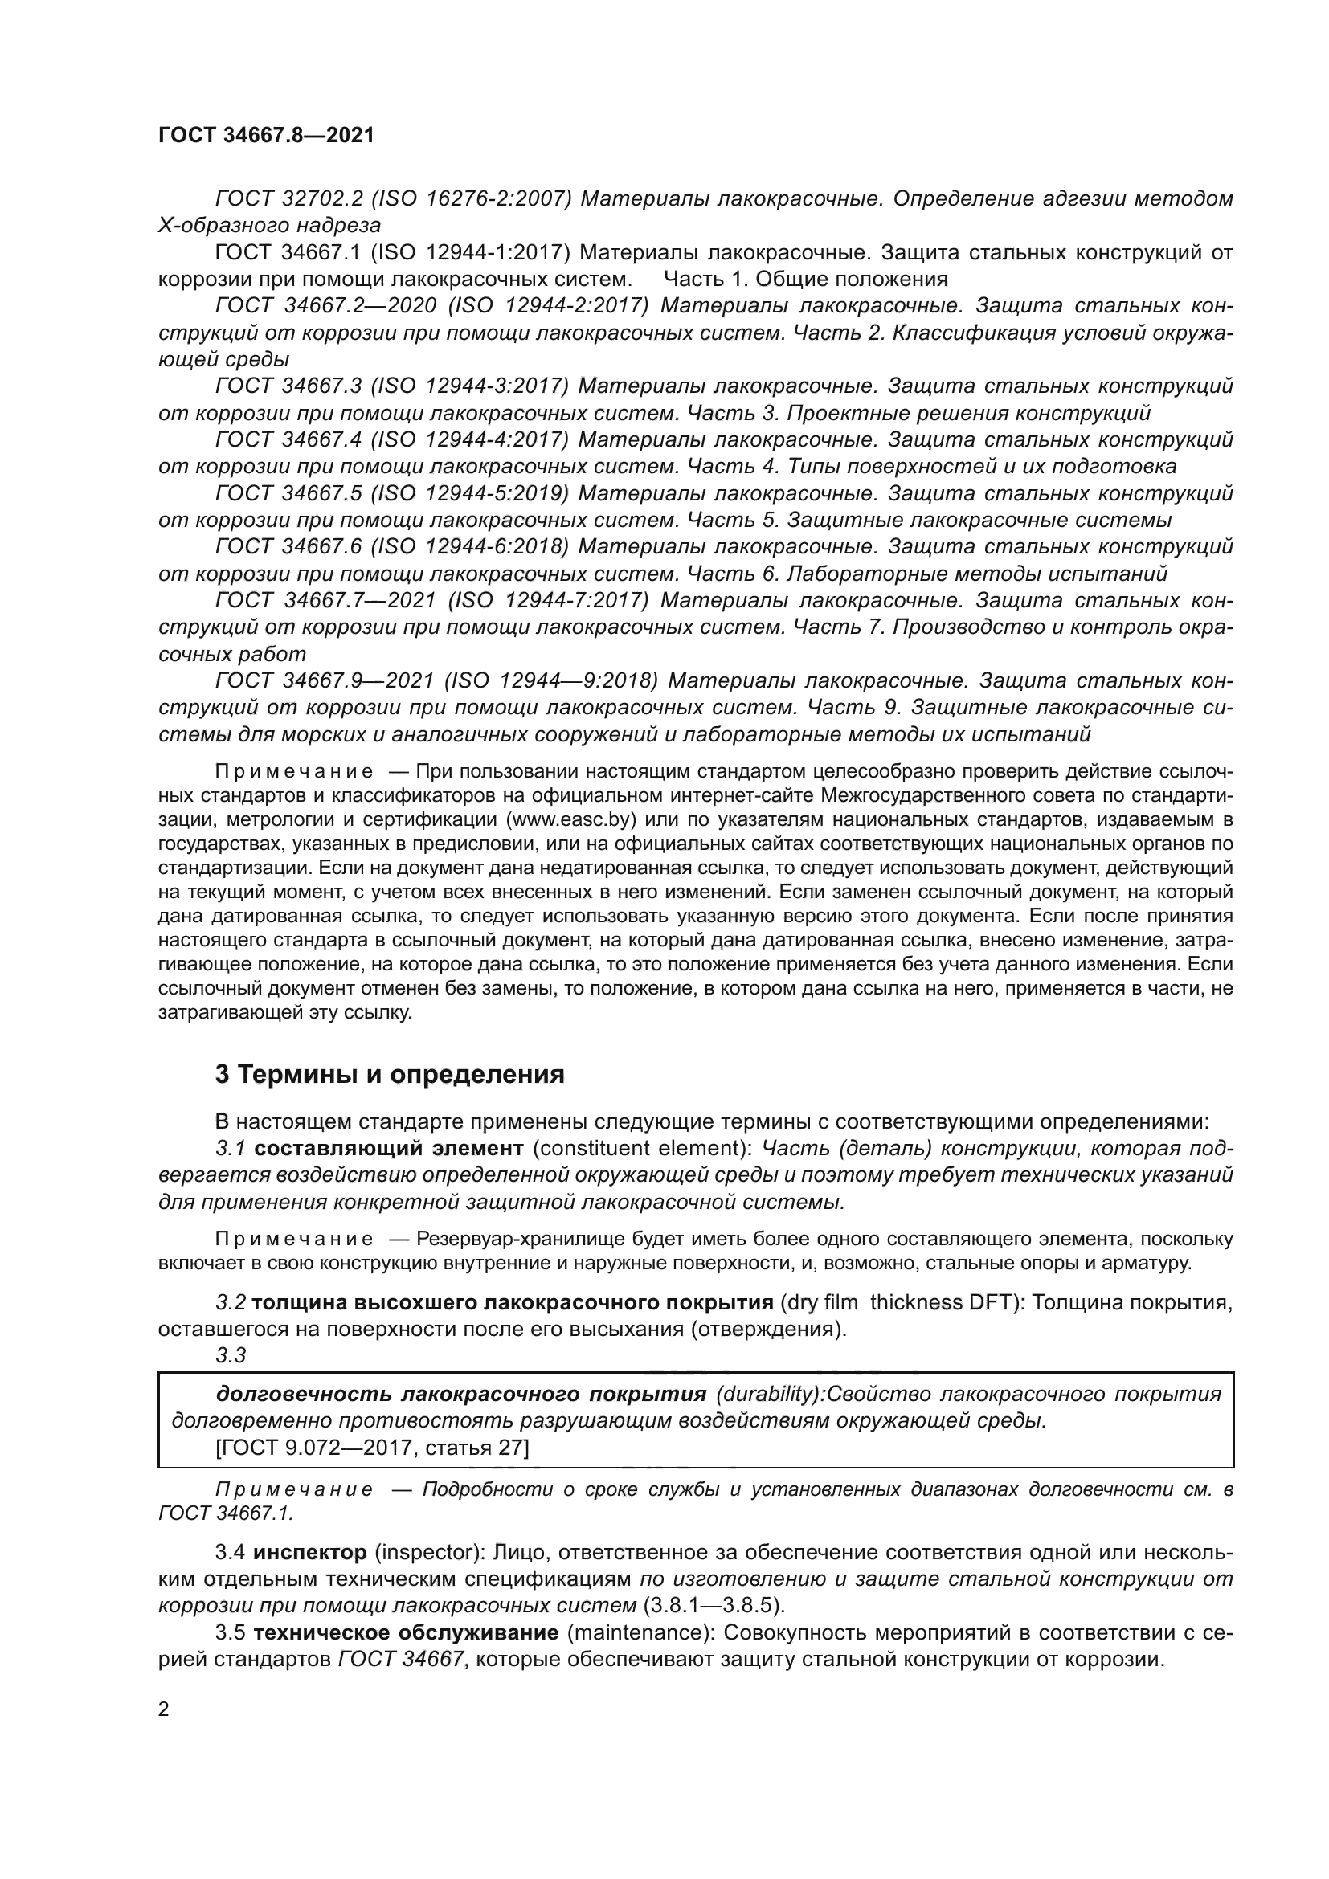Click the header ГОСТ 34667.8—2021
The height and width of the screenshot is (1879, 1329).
tap(266, 136)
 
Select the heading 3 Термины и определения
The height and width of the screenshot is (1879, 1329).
tap(390, 1075)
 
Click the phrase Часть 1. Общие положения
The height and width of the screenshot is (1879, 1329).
tap(805, 279)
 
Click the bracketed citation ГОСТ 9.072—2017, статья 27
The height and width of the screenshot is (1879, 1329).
tap(371, 1448)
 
